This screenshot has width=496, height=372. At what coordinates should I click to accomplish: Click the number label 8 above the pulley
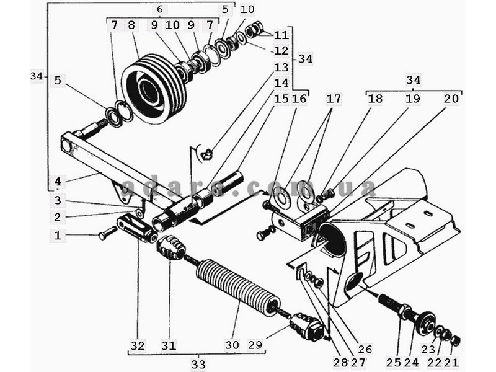131,25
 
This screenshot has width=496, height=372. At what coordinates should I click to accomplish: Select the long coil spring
238,287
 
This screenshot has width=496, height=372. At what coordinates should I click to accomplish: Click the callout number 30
232,345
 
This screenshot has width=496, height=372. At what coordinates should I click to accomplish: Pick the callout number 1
58,236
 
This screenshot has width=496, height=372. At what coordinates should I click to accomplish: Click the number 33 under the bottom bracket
198,364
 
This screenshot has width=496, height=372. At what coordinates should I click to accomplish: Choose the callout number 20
451,99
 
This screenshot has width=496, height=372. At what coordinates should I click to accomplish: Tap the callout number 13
281,67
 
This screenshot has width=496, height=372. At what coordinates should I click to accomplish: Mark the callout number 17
334,99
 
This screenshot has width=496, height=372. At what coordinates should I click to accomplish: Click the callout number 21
451,363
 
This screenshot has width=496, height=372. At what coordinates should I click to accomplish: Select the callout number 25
394,363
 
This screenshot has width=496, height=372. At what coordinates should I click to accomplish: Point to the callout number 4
58,182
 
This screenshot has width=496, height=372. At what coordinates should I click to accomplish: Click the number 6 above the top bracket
160,9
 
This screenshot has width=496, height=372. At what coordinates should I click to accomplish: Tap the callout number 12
281,51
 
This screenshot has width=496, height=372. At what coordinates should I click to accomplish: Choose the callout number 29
255,345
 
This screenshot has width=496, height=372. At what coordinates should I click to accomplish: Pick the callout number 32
138,346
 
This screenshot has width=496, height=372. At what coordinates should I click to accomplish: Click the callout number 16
299,99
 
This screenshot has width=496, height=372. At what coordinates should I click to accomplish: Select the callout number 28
340,363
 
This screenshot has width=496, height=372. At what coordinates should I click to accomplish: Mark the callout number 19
413,99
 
